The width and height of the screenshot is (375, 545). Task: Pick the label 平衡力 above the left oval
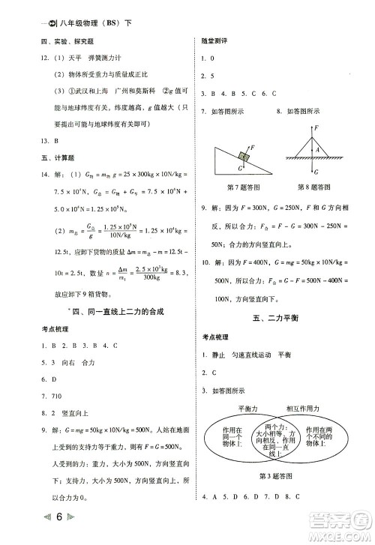coord(247,409)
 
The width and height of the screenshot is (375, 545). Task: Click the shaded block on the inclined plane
coord(244,157)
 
